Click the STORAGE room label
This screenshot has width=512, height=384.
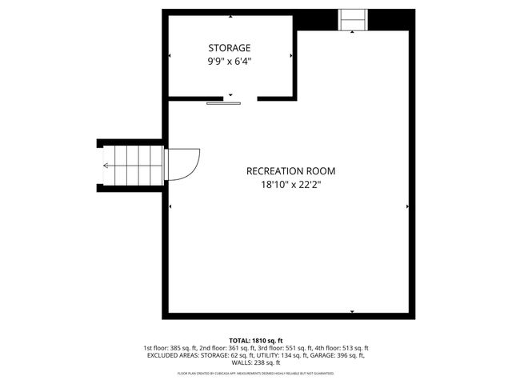[x=230, y=48]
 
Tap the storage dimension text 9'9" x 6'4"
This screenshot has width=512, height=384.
[x=230, y=61]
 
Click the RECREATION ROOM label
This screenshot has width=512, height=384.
[x=290, y=171]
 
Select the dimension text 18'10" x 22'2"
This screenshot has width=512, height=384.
[x=290, y=184]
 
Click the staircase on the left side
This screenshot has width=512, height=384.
[x=132, y=166]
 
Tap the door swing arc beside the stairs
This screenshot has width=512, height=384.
[x=182, y=166]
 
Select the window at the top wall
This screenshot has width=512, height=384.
[x=352, y=19]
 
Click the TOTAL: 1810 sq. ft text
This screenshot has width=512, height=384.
[x=256, y=341]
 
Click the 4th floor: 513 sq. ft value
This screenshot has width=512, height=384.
[x=342, y=348]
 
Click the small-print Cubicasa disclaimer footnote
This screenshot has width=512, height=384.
[x=256, y=373]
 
